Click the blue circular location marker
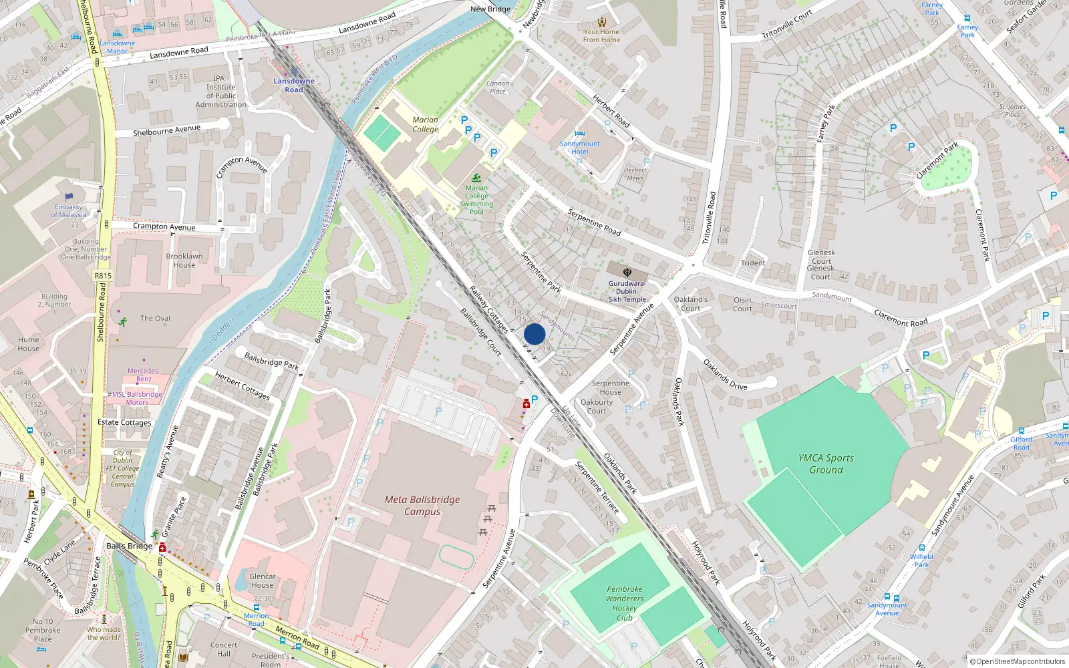(x=534, y=334)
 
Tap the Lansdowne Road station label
(x=294, y=86)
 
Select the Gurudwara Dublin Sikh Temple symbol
(x=627, y=272)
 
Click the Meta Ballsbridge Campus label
(x=422, y=506)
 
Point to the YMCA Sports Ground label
(x=826, y=464)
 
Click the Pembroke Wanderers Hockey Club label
(x=625, y=603)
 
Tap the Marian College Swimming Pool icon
(x=476, y=178)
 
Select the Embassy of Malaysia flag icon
(x=69, y=197)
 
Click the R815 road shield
(x=103, y=275)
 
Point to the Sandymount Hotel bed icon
(x=580, y=134)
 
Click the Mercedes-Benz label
(x=144, y=375)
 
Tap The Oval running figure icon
(x=123, y=322)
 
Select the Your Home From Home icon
(x=602, y=22)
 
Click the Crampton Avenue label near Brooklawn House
(x=164, y=226)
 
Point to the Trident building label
(x=753, y=263)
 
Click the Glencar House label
(x=262, y=580)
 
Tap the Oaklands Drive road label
(x=725, y=375)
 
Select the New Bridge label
(x=490, y=9)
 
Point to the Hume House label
(x=28, y=344)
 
